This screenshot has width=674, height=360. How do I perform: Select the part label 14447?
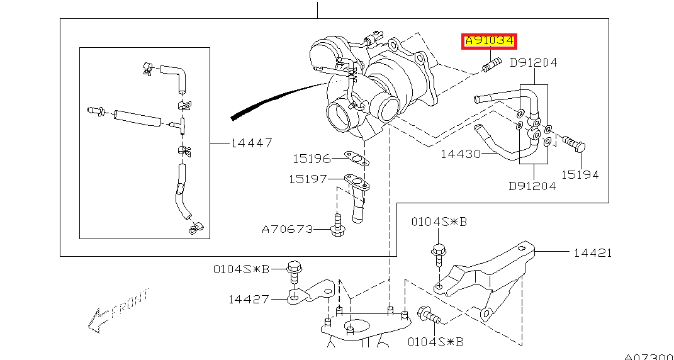coord(251,143)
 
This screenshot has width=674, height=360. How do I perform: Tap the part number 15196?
coord(312,159)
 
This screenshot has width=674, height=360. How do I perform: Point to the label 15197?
coord(308,179)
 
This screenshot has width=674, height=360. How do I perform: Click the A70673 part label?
coord(287,229)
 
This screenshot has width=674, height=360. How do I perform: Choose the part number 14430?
coord(461,154)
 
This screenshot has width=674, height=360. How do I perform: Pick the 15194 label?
coord(580,175)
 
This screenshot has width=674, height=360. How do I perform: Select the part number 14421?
coord(592,253)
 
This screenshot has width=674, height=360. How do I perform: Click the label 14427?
coord(248,300)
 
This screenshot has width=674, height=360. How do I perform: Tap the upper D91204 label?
coord(534,62)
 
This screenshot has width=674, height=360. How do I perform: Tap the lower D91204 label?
coord(532,186)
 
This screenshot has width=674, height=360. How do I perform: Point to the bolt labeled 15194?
coord(573,143)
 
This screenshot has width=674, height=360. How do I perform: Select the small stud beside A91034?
coord(491,64)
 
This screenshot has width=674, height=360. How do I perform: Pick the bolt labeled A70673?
coord(338,227)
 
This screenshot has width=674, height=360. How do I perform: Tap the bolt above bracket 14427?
coord(293,271)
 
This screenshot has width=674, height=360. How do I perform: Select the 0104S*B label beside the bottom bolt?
coord(435,342)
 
